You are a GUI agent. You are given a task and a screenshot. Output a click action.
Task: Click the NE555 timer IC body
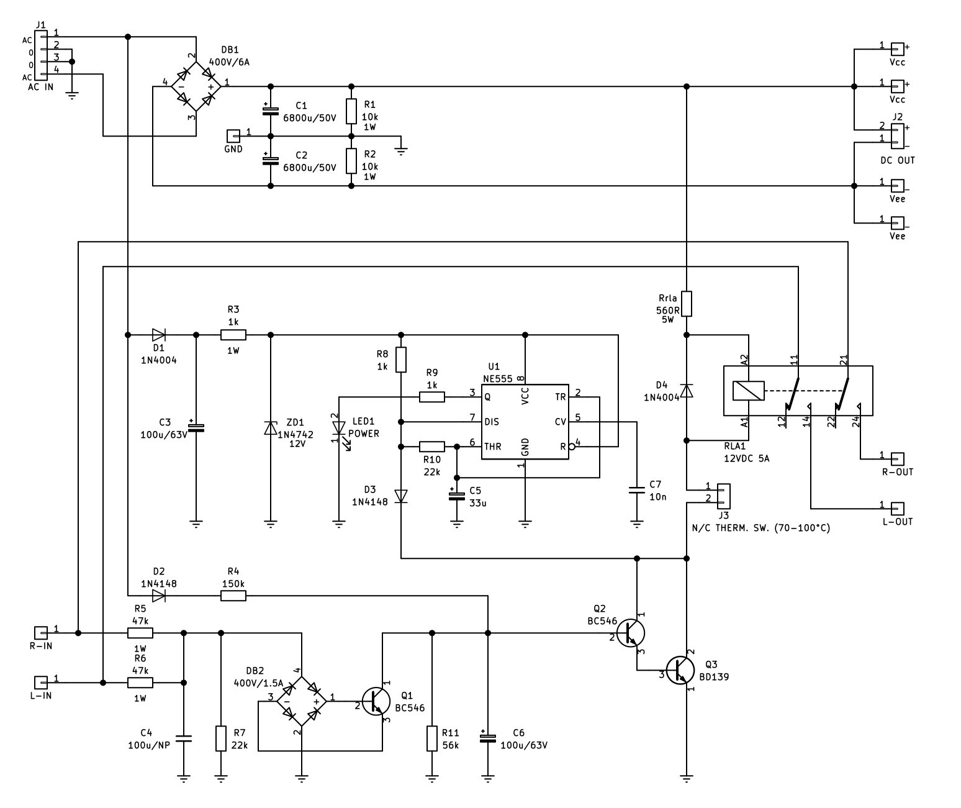click(525, 422)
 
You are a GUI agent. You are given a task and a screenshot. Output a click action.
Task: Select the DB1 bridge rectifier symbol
click(196, 86)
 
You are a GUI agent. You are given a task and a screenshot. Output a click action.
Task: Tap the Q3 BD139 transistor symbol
click(680, 670)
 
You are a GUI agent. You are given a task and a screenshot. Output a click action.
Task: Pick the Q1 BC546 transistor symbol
click(376, 701)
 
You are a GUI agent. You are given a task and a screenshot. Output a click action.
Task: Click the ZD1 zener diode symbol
click(271, 428)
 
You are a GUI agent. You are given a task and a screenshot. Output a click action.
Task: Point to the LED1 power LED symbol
click(339, 429)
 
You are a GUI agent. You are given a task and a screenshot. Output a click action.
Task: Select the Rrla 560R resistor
click(686, 304)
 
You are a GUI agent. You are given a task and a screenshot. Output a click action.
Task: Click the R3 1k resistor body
click(233, 335)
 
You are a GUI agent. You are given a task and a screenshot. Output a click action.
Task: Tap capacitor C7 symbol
click(637, 490)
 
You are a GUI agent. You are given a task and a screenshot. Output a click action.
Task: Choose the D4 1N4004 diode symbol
click(686, 391)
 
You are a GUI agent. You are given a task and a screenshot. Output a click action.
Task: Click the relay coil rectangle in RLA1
click(748, 391)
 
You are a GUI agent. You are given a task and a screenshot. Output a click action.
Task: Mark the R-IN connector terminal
click(41, 633)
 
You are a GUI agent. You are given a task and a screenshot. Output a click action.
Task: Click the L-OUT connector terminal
click(898, 508)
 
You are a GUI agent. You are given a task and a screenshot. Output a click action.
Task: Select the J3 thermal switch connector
click(723, 496)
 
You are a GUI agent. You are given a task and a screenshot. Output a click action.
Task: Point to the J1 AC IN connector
click(41, 55)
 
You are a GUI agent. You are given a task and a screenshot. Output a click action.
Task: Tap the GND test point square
click(233, 136)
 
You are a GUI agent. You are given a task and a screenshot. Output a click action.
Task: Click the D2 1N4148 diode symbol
click(159, 596)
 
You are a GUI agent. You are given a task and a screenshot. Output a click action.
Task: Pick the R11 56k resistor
click(431, 738)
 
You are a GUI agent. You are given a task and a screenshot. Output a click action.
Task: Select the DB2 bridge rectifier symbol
click(302, 701)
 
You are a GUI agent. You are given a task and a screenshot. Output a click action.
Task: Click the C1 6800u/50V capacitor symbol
click(271, 111)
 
